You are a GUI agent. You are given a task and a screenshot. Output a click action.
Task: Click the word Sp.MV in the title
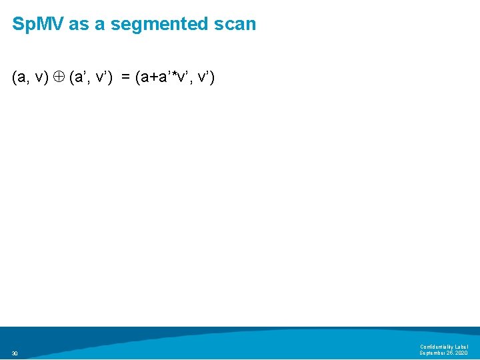tap(37, 25)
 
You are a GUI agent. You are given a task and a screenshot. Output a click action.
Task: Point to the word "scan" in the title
tap(235, 25)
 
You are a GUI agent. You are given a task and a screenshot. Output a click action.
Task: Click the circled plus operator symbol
tap(59, 78)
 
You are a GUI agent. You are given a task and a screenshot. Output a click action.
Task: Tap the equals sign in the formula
tap(125, 78)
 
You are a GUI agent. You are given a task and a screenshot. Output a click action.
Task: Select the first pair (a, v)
tap(30, 78)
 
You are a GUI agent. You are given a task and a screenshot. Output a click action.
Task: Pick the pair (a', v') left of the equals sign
tap(91, 78)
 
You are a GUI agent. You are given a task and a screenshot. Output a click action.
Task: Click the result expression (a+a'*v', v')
tap(174, 78)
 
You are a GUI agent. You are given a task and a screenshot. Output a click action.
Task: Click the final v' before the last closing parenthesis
tap(204, 78)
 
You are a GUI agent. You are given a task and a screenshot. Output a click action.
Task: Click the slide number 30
tap(15, 353)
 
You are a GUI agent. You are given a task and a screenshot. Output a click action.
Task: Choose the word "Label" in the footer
tap(462, 347)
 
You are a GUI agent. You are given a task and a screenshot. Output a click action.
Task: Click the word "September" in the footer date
tap(433, 353)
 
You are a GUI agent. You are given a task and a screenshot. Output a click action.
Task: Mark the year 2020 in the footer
tap(462, 353)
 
